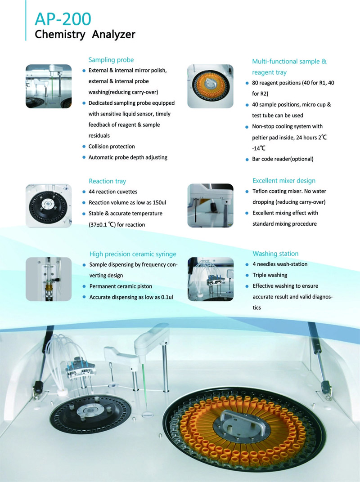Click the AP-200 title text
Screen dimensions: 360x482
click(x=63, y=19)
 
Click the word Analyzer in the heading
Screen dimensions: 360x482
click(x=113, y=34)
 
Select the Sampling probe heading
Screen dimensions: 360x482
click(x=111, y=60)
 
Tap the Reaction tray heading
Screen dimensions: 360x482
click(x=108, y=181)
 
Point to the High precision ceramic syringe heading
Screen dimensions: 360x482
click(x=133, y=254)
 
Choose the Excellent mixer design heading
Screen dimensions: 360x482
click(x=284, y=181)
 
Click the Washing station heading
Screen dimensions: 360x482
click(x=276, y=254)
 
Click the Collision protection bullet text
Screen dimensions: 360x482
click(x=112, y=146)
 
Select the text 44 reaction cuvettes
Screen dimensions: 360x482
click(x=113, y=192)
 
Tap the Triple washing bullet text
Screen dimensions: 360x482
click(x=270, y=275)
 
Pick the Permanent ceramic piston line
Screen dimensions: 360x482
click(x=121, y=286)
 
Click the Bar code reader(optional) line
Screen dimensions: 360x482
click(x=283, y=159)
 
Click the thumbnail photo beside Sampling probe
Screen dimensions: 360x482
click(x=49, y=86)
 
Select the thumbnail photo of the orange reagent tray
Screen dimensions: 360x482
click(x=211, y=86)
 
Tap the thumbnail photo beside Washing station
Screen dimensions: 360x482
click(x=211, y=279)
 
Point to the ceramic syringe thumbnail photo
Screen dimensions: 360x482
click(x=49, y=279)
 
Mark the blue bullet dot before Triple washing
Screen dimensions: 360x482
click(x=247, y=275)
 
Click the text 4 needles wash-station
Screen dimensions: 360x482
click(x=280, y=264)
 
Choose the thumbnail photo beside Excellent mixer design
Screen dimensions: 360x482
click(x=211, y=205)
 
